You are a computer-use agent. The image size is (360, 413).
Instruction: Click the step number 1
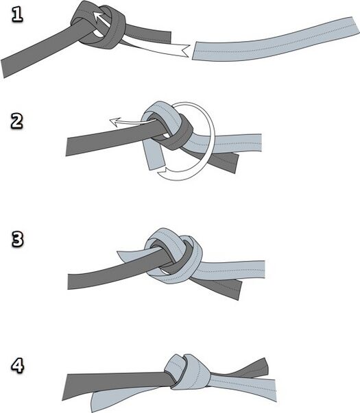tap(17, 14)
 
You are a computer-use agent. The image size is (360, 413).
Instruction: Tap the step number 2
tap(17, 121)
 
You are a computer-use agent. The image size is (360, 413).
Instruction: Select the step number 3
tap(17, 239)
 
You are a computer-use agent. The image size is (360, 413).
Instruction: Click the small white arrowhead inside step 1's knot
tap(98, 16)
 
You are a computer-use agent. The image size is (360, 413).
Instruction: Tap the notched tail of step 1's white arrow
tap(186, 51)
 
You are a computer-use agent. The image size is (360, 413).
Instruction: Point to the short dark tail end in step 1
tap(168, 37)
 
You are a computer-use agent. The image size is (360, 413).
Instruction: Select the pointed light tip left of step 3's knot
tap(119, 254)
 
